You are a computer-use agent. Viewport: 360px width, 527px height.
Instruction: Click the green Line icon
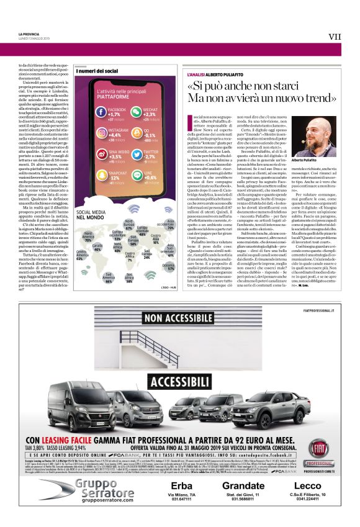[x=135, y=173]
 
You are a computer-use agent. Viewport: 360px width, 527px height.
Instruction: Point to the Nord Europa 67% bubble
[x=129, y=223]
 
